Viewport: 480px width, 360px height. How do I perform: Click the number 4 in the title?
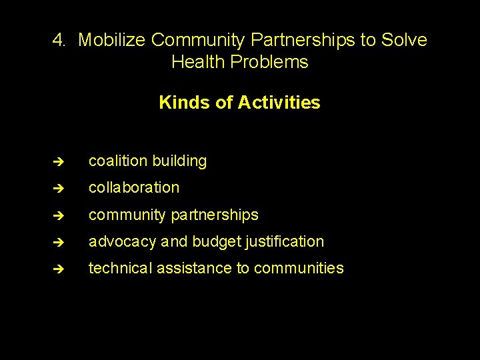tap(58, 40)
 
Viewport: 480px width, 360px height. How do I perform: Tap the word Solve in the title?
tap(404, 40)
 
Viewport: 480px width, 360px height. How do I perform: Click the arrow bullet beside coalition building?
tap(59, 161)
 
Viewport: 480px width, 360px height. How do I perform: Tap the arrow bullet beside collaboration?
tap(59, 188)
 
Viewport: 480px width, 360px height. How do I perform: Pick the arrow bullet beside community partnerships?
tap(59, 215)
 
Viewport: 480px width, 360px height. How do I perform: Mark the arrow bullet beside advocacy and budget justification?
tap(59, 242)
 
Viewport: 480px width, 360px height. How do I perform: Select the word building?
tap(179, 161)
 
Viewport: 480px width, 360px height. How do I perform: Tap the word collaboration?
tap(134, 187)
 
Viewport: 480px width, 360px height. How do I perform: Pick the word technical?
tap(120, 268)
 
